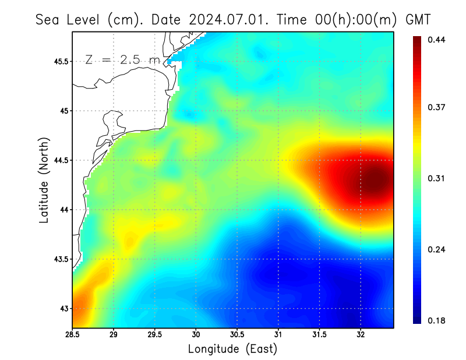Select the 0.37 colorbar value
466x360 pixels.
(x=437, y=107)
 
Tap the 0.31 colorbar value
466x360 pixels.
(x=437, y=178)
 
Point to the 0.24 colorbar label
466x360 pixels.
(x=437, y=249)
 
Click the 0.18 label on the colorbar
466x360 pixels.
(x=437, y=320)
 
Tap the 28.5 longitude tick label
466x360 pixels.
(x=73, y=335)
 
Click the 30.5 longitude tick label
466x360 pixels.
(x=237, y=335)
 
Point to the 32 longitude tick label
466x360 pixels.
(x=361, y=335)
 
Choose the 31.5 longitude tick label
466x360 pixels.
(x=319, y=335)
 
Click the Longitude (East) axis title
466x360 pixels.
(x=232, y=349)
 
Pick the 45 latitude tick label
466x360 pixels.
(x=63, y=111)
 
